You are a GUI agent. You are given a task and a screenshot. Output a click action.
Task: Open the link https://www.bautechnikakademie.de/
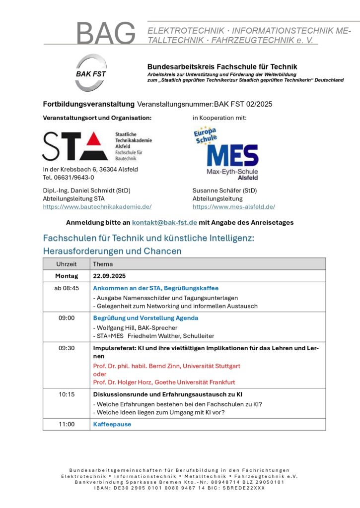pyautogui.click(x=97, y=206)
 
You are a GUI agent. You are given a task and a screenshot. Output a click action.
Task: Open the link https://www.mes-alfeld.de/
pyautogui.click(x=233, y=206)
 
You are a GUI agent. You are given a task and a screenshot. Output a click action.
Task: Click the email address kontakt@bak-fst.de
pyautogui.click(x=164, y=222)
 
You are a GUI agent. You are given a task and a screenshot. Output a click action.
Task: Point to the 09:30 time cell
pyautogui.click(x=67, y=348)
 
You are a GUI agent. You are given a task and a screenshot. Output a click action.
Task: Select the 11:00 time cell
pyautogui.click(x=67, y=424)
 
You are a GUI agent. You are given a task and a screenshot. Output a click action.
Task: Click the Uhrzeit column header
pyautogui.click(x=67, y=264)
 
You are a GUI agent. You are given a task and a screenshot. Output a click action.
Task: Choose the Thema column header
pyautogui.click(x=103, y=264)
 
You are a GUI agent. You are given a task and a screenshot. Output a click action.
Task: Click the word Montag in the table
pyautogui.click(x=67, y=276)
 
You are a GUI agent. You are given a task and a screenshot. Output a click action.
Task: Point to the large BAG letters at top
pyautogui.click(x=106, y=33)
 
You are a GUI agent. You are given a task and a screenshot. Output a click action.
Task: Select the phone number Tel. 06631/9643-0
pyautogui.click(x=69, y=177)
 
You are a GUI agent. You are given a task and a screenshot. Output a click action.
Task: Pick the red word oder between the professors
pyautogui.click(x=100, y=374)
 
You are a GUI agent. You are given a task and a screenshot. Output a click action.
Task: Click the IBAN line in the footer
pyautogui.click(x=179, y=488)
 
